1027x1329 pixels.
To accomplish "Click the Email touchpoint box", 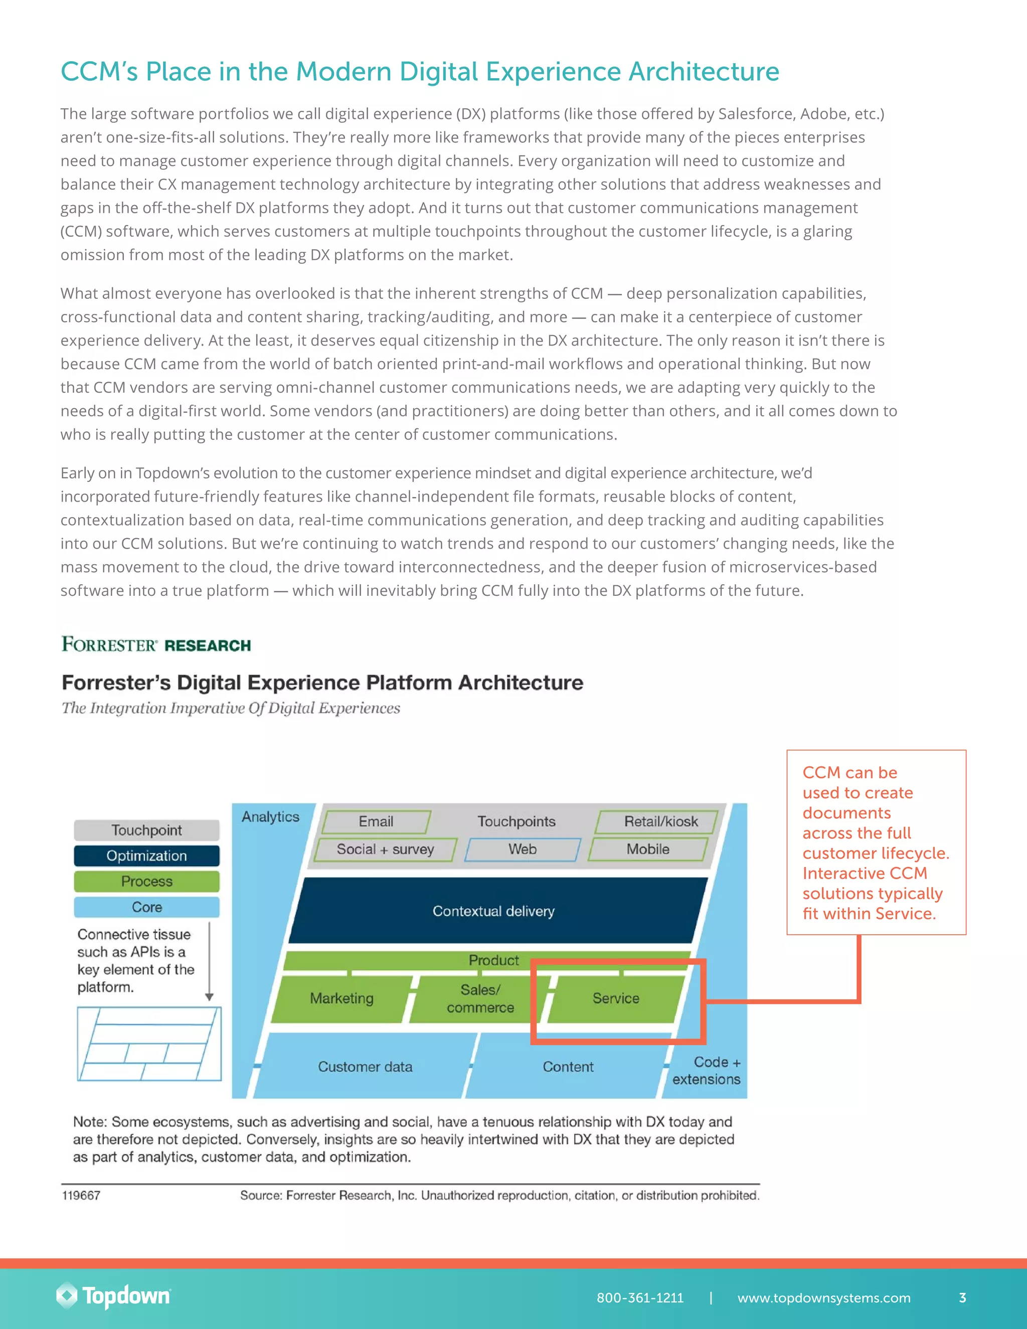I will (x=376, y=821).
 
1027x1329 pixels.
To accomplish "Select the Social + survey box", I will (x=385, y=849).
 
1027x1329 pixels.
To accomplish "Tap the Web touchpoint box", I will (x=522, y=849).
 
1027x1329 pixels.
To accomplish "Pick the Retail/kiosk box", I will (x=660, y=821).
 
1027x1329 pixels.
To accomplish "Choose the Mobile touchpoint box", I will (x=648, y=849).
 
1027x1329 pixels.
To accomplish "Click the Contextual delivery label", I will (x=493, y=911).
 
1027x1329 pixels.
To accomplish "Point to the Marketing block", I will (x=341, y=998).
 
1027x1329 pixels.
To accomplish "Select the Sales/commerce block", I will (x=480, y=999).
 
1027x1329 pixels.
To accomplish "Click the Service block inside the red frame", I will (x=616, y=998).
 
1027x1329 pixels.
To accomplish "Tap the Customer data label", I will (x=365, y=1067).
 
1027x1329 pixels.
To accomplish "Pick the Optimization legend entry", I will (x=146, y=856).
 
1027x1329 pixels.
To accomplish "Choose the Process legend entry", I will (x=146, y=881).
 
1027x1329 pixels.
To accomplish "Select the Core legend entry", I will (x=146, y=907).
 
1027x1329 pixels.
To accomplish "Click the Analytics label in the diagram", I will (x=270, y=816).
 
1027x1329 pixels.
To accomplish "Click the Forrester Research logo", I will (x=156, y=644).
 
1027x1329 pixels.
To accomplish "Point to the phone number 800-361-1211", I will (x=640, y=1297).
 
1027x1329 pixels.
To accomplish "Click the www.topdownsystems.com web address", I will (x=824, y=1297).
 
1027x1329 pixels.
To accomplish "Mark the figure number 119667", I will (x=81, y=1195).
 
